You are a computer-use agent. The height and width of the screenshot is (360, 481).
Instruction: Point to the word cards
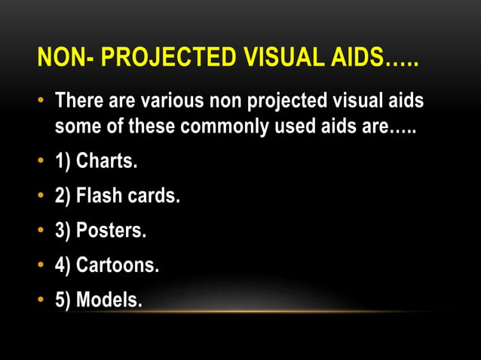(x=156, y=197)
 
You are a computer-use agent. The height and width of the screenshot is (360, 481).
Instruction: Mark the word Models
(x=109, y=300)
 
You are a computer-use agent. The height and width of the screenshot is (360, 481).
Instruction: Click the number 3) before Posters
(x=63, y=231)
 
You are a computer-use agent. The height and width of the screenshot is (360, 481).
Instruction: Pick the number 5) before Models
(x=63, y=300)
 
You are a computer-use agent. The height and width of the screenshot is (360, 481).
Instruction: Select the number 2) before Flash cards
(x=63, y=197)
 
